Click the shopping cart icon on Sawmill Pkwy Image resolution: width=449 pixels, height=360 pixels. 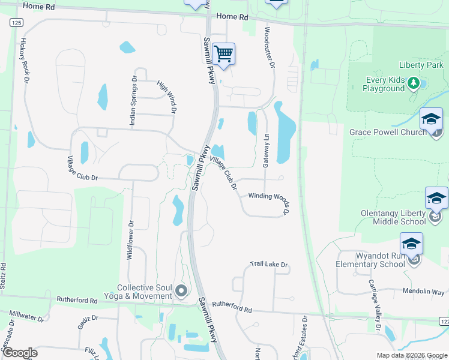[x=223, y=54]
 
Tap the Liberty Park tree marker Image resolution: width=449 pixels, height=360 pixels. [x=413, y=83]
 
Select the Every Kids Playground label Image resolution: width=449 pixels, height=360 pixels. [x=384, y=84]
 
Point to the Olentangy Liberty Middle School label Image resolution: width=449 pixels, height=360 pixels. [x=393, y=217]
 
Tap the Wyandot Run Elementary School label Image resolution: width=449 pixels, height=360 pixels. [x=372, y=260]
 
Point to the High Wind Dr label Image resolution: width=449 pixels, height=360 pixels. [x=167, y=98]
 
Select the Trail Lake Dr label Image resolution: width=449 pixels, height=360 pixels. [x=270, y=265]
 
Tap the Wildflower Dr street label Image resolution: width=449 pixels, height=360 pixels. [x=130, y=239]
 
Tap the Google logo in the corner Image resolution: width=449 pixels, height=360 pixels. [x=20, y=353]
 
